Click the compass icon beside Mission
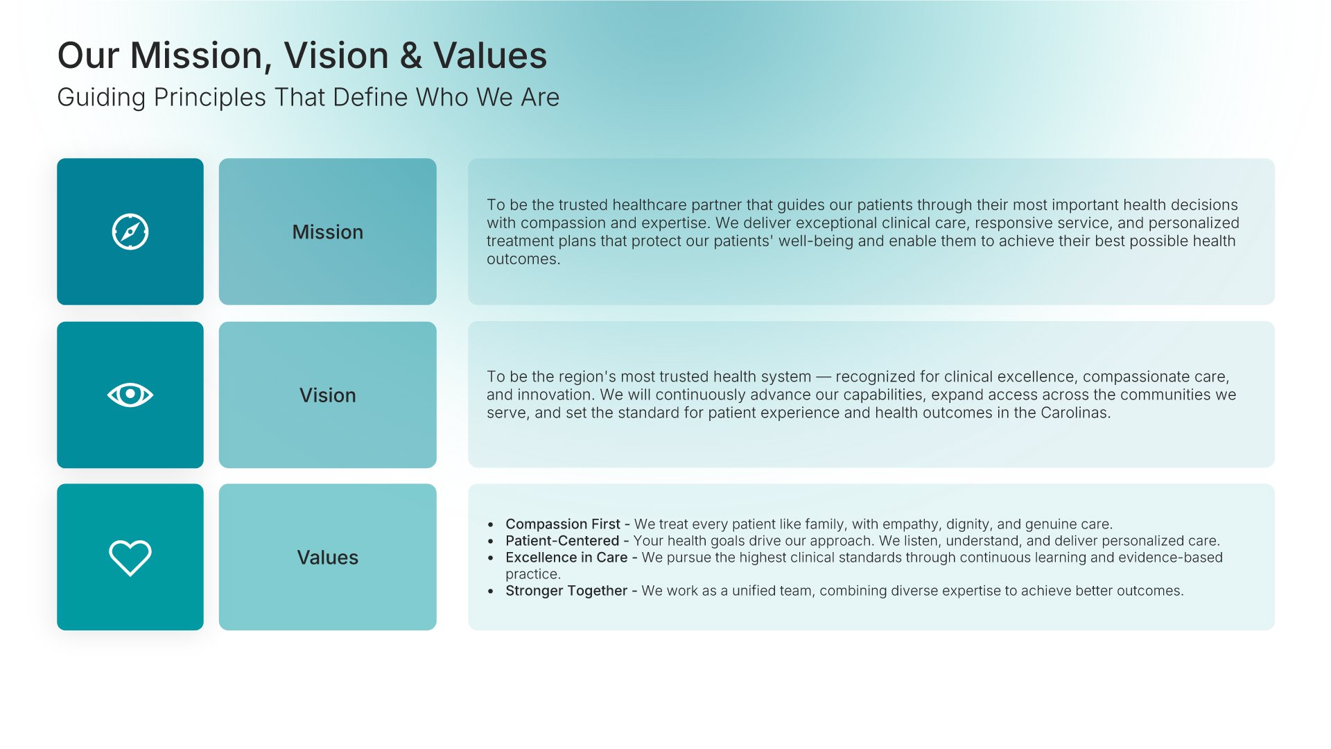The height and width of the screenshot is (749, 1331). click(130, 232)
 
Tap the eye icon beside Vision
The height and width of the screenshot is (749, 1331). click(130, 395)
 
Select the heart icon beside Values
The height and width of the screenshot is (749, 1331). click(130, 558)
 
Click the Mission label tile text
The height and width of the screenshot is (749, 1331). click(328, 232)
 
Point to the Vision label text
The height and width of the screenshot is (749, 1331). click(328, 395)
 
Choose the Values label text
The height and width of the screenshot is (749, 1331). click(328, 558)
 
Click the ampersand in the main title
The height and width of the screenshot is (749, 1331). click(411, 55)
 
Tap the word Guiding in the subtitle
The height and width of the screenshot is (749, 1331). click(101, 98)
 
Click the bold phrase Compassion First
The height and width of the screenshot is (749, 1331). click(563, 524)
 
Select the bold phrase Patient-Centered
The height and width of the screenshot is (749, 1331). click(562, 541)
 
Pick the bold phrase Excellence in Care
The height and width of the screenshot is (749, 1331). click(566, 558)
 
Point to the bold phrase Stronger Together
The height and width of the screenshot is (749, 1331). click(566, 591)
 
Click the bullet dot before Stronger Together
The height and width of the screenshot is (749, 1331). click(491, 592)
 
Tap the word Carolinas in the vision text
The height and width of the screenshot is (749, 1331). click(1075, 413)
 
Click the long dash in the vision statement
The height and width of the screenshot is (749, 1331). click(823, 377)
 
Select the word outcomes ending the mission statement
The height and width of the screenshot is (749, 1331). click(523, 259)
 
